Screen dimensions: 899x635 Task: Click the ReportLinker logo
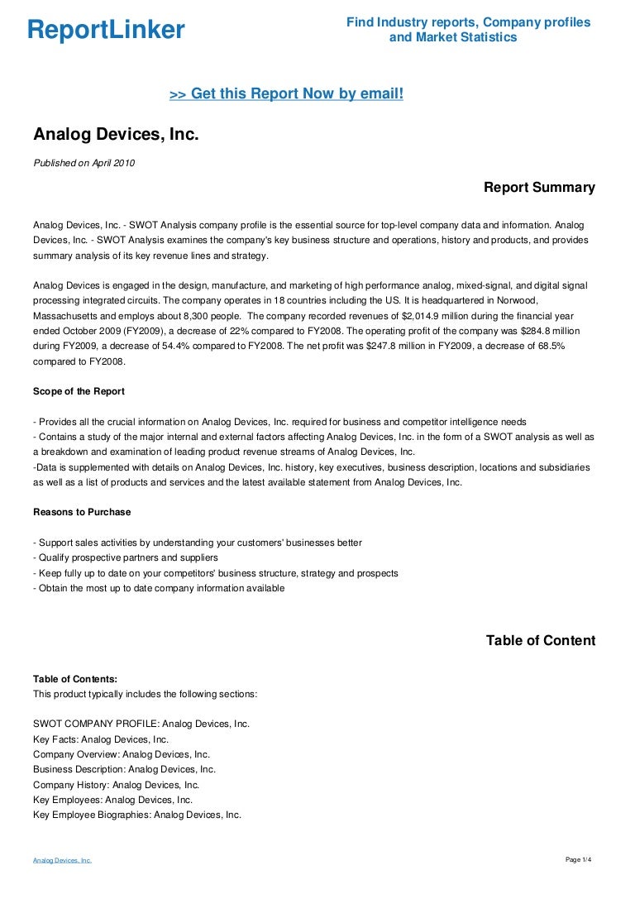click(106, 31)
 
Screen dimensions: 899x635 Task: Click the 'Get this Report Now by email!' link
click(286, 94)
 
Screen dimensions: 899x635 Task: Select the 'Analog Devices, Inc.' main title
click(116, 134)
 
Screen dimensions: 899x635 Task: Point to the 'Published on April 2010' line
click(84, 163)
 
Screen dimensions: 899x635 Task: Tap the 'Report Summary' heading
click(539, 188)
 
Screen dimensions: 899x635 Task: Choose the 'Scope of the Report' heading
click(79, 391)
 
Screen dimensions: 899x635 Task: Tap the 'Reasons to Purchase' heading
click(82, 512)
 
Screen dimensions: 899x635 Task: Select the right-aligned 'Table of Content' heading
click(540, 641)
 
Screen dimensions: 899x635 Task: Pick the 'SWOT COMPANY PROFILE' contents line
click(141, 724)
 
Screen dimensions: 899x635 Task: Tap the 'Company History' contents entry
click(116, 785)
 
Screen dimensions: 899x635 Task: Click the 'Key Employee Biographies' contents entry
click(136, 815)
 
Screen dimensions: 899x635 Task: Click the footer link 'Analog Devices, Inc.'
click(62, 861)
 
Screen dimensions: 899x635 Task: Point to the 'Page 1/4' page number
click(578, 860)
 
